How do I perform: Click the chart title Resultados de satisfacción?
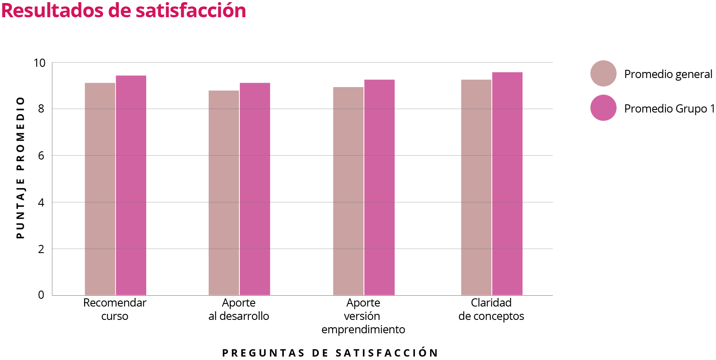[124, 11]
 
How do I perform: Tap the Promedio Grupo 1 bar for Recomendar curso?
[131, 185]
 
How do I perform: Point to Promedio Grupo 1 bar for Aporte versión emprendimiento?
[380, 188]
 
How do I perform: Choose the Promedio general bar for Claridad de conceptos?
[476, 188]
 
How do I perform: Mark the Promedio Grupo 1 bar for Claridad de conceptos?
[507, 184]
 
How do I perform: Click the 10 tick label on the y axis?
[39, 63]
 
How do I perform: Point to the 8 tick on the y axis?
[41, 109]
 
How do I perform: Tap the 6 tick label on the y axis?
[41, 156]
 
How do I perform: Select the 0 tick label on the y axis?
[41, 295]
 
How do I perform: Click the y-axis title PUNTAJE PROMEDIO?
[20, 168]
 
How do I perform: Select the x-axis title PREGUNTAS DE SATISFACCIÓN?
[330, 353]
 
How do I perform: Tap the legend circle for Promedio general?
[603, 74]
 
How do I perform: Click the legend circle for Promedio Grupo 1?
[603, 108]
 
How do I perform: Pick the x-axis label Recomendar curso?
[115, 309]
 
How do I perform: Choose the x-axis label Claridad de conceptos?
[491, 309]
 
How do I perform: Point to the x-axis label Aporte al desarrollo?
[239, 309]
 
